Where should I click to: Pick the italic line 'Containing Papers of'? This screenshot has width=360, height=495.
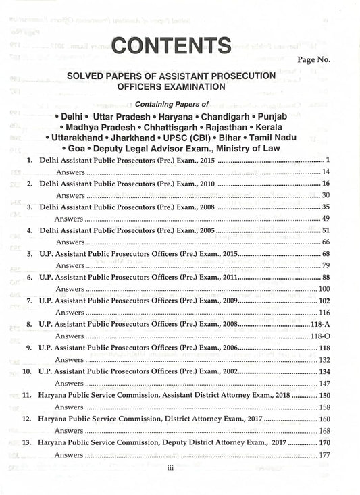pyautogui.click(x=172, y=104)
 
